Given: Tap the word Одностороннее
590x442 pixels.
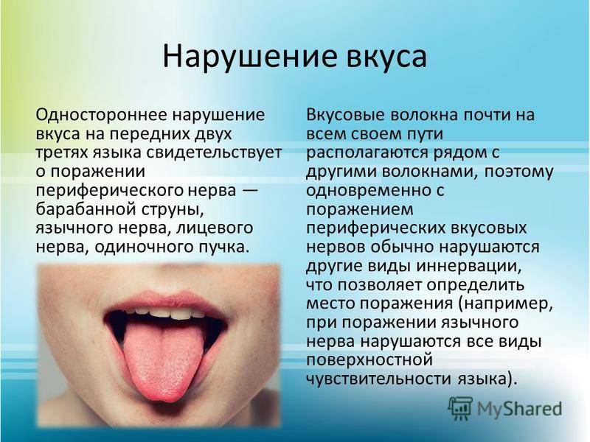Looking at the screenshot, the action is (x=100, y=115).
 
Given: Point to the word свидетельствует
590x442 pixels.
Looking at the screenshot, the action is (x=214, y=152).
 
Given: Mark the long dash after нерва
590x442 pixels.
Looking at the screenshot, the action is (x=249, y=190).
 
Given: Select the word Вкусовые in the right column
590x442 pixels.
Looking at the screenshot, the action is (x=345, y=115).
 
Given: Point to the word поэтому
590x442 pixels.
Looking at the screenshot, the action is (x=518, y=172).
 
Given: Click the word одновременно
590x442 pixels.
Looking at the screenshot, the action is (x=369, y=191).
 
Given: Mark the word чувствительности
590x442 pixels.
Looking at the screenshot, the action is (x=379, y=379).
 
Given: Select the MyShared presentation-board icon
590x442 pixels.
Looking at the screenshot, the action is (x=460, y=409).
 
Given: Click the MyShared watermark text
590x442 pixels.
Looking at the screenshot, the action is (x=520, y=409).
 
